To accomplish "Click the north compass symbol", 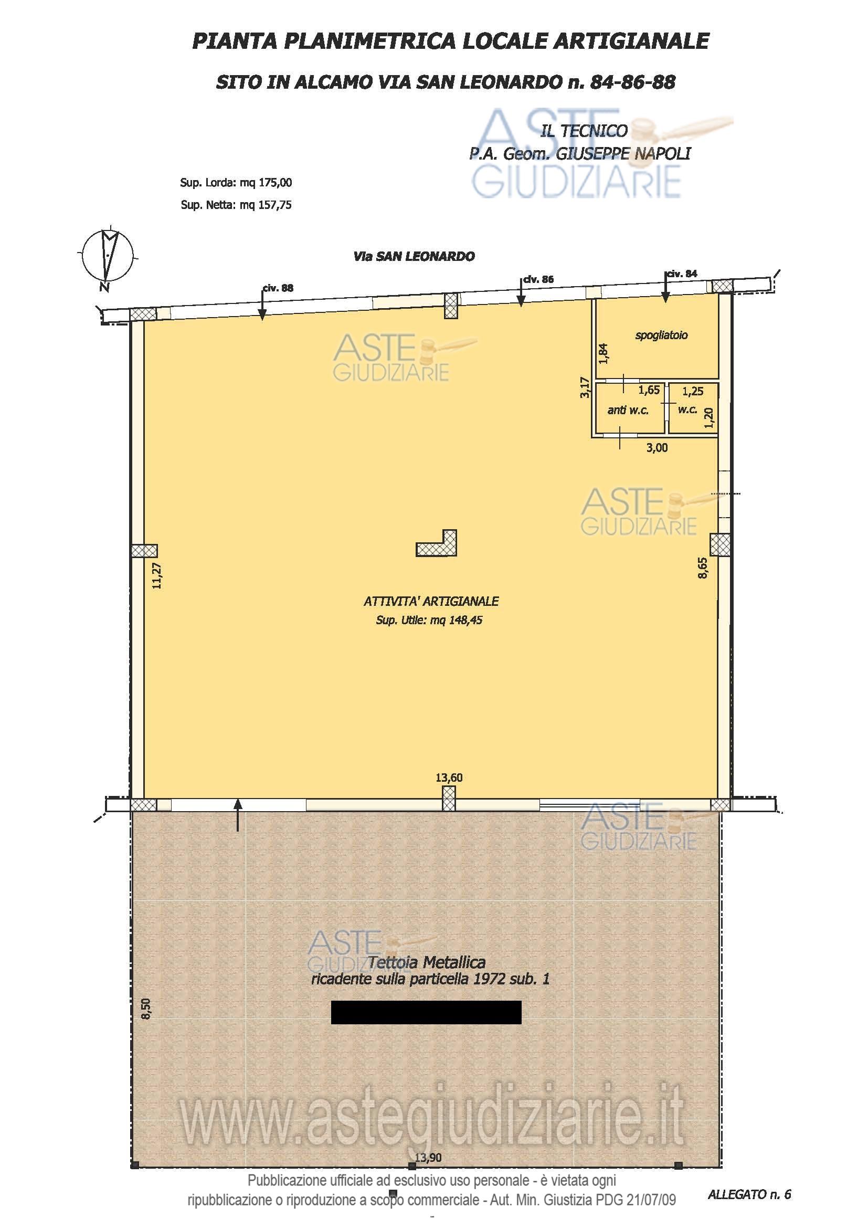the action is click(108, 257).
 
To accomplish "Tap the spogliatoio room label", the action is click(661, 335).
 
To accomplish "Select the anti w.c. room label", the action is click(628, 410).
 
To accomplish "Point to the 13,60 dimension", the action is click(449, 777).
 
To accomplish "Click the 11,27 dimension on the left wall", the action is click(156, 575).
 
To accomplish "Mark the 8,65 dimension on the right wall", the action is click(702, 568).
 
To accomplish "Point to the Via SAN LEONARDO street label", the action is click(414, 256).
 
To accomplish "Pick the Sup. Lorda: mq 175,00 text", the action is click(236, 182).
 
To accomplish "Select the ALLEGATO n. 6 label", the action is click(749, 1194).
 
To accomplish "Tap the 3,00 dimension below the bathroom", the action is click(657, 448).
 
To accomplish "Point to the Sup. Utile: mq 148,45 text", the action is click(429, 621).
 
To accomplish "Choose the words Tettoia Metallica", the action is click(427, 963).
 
